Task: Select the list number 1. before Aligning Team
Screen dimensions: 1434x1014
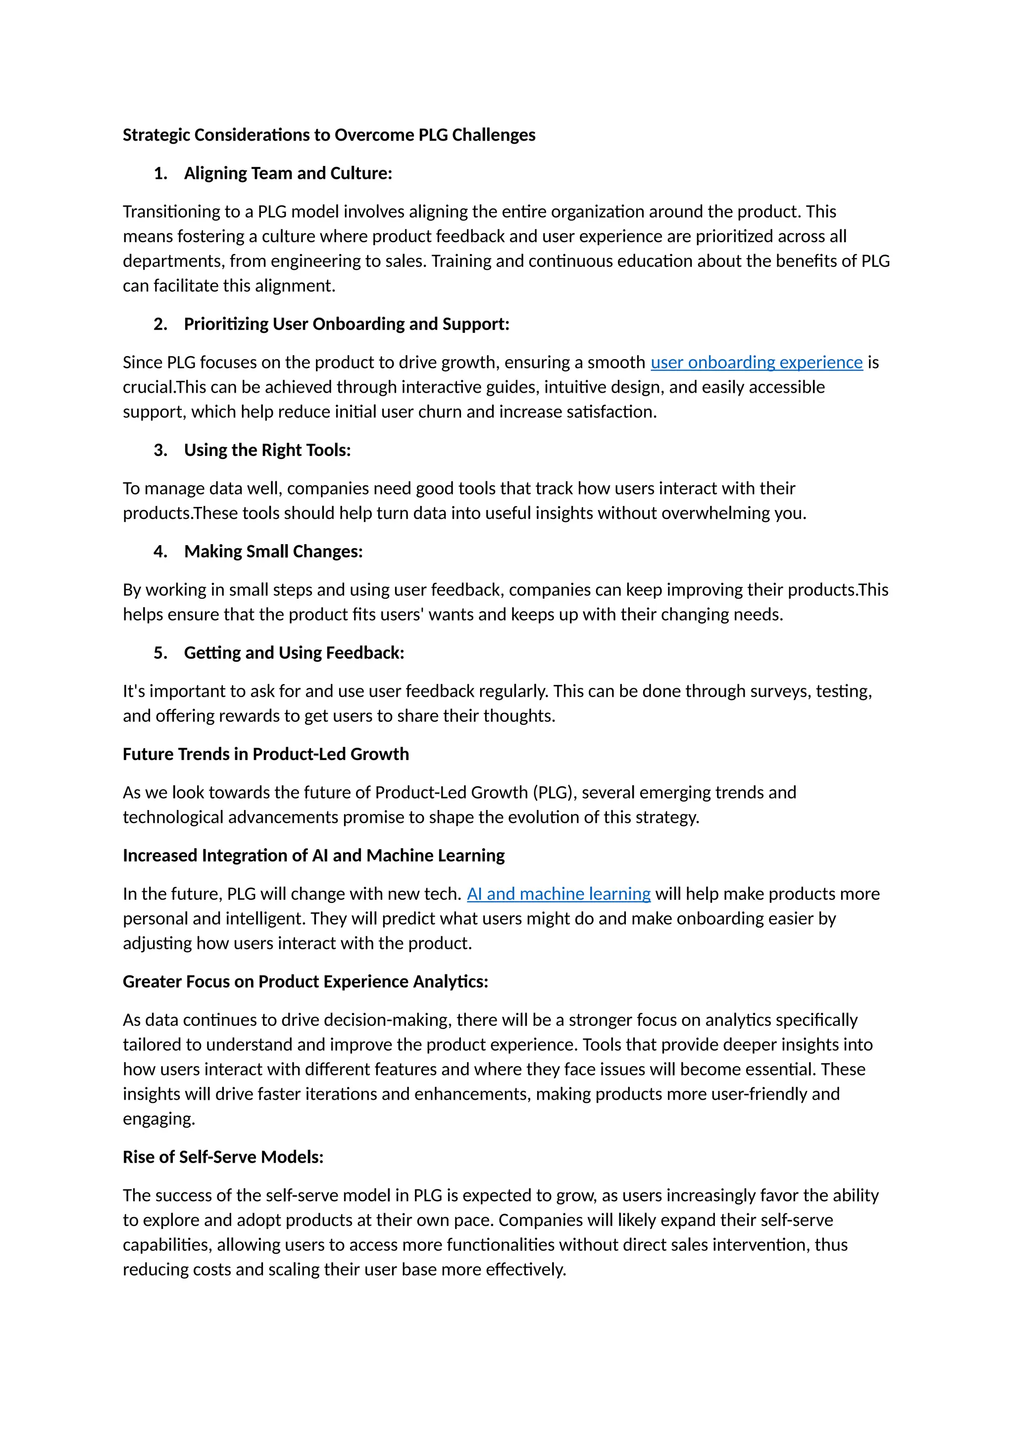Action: tap(160, 174)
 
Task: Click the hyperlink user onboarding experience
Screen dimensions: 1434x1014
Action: tap(756, 362)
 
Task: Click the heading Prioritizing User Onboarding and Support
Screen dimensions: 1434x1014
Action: tap(347, 324)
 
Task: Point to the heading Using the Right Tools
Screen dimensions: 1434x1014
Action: tap(267, 450)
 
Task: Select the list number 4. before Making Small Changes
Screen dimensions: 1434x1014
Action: tap(160, 552)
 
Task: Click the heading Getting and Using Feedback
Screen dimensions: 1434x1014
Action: tap(294, 653)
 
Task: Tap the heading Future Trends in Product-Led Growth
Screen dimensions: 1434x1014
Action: tap(265, 754)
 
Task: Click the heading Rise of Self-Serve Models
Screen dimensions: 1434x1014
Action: tap(223, 1157)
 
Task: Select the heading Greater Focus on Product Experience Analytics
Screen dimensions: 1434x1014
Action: tap(305, 981)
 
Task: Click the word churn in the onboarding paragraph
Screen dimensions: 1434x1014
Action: tap(442, 412)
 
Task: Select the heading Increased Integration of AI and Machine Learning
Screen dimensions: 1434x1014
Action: tap(313, 855)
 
